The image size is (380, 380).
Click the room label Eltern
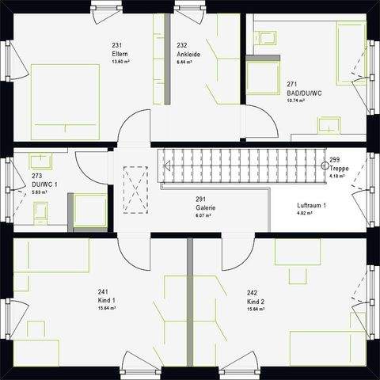click(120, 53)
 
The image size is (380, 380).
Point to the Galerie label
click(206, 207)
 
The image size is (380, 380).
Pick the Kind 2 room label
click(256, 302)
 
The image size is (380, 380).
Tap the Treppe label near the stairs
click(340, 168)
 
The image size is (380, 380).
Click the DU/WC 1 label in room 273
click(44, 184)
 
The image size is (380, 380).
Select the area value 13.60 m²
click(120, 61)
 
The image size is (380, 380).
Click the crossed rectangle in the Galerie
click(137, 189)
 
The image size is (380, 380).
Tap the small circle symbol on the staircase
click(325, 166)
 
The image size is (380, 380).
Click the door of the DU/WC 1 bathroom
click(93, 164)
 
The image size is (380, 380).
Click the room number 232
click(182, 45)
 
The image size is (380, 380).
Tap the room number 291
click(202, 199)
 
